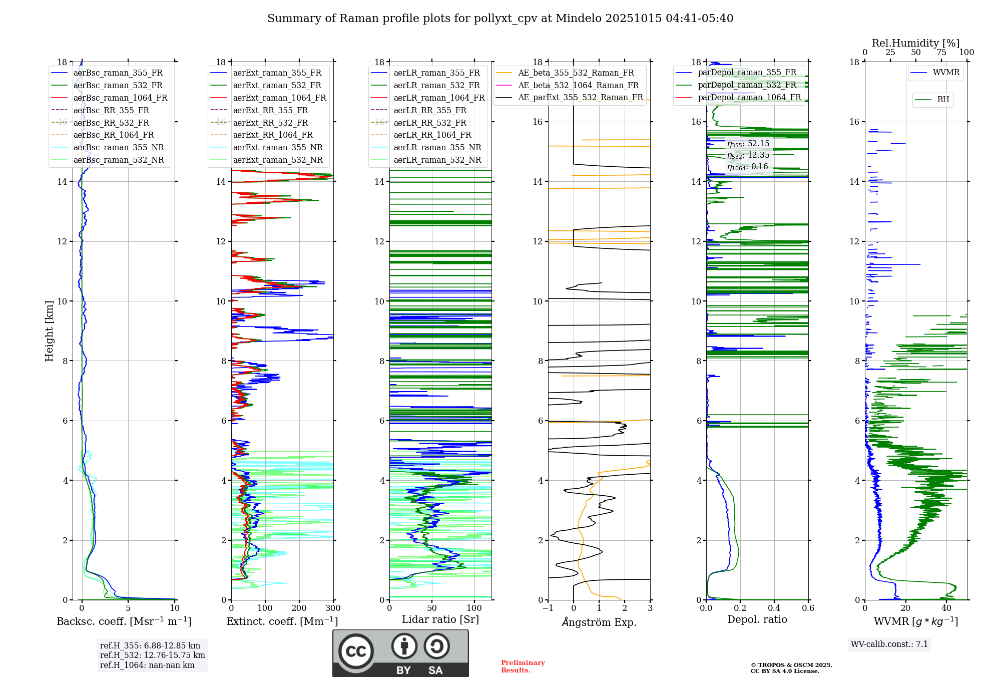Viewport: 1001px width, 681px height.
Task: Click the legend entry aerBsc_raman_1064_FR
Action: [x=120, y=98]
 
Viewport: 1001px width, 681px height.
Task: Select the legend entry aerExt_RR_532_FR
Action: [x=270, y=123]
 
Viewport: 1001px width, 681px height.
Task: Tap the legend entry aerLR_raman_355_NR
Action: [x=437, y=147]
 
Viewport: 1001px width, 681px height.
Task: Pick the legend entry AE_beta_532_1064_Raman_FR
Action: [x=578, y=85]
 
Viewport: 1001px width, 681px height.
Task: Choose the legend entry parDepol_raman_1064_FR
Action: [x=749, y=97]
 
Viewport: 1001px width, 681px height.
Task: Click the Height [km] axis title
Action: [x=49, y=330]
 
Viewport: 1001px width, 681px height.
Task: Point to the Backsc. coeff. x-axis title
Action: [x=124, y=621]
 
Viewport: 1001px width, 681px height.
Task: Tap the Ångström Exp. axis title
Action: [x=599, y=622]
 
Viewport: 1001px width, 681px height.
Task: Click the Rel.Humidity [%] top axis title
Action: [x=915, y=43]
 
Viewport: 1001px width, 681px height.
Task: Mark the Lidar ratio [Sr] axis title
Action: [x=440, y=619]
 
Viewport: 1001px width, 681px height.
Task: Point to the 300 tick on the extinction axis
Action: [x=333, y=608]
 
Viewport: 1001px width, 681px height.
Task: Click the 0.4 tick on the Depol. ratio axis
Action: [x=774, y=608]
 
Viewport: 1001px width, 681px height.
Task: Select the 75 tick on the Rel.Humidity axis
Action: [x=941, y=53]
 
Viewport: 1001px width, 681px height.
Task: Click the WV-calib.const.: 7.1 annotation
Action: [x=889, y=644]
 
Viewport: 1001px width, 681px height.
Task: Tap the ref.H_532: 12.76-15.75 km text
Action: [x=152, y=655]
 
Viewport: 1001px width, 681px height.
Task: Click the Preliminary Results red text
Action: [x=523, y=666]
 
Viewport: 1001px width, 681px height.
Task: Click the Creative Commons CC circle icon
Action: [x=356, y=651]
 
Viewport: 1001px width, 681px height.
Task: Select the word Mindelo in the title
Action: [x=578, y=19]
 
